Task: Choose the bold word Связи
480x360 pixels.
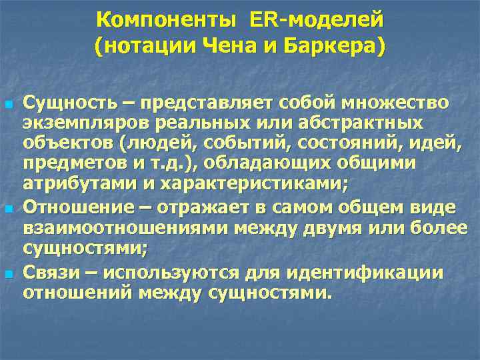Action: [x=51, y=273]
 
